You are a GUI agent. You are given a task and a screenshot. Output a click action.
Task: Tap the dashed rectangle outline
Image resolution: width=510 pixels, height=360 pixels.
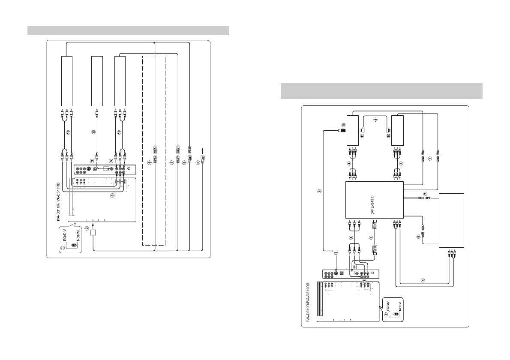(x=153, y=150)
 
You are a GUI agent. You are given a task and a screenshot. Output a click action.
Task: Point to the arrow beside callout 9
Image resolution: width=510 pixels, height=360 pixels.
(x=204, y=151)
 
